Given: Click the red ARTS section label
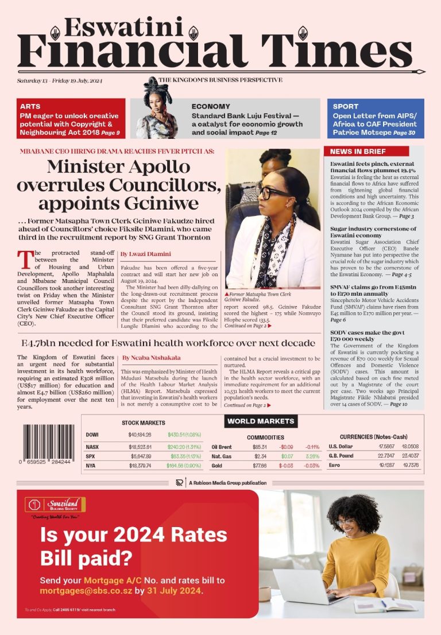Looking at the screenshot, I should pos(30,106).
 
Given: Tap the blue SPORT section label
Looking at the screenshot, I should pos(345,106).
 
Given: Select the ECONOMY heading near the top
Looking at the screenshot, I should pos(211,106).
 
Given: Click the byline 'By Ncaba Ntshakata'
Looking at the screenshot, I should pos(151,358).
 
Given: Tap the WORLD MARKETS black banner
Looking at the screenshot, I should pos(261,421).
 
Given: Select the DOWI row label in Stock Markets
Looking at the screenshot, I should pos(92,435).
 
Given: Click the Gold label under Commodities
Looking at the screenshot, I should pos(218,465).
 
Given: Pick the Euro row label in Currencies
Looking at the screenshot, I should pos(335,465).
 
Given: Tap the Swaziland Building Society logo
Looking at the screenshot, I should pos(55,506).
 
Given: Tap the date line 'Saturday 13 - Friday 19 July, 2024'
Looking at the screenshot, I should pos(60,81).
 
